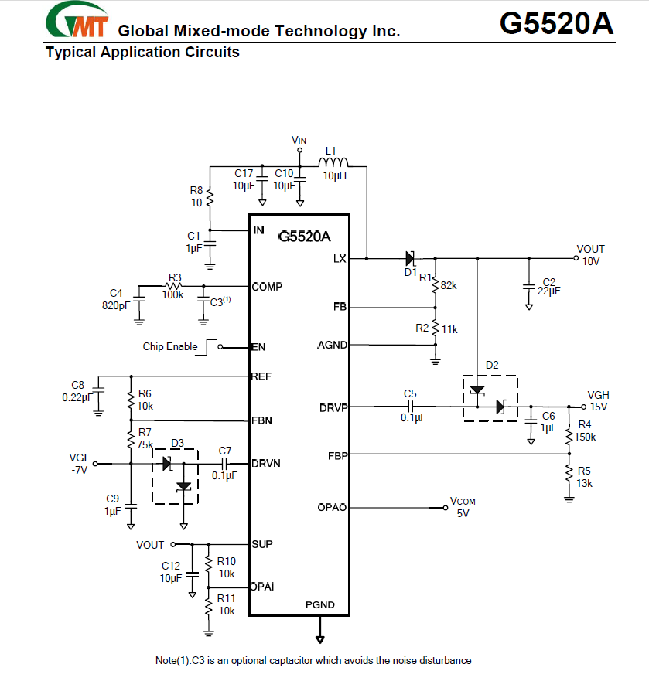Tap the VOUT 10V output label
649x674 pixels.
(x=590, y=255)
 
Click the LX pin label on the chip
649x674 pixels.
(x=339, y=259)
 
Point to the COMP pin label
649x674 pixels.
(x=267, y=287)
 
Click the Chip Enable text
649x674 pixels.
(x=170, y=347)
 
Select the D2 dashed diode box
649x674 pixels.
(x=490, y=398)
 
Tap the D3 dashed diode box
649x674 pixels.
(x=175, y=475)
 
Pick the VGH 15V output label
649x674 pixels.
(x=598, y=400)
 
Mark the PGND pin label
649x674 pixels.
(x=320, y=604)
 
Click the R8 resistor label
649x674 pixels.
(x=196, y=196)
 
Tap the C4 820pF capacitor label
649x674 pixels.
(x=116, y=298)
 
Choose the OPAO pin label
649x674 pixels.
(x=333, y=508)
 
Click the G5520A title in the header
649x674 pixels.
(x=556, y=23)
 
